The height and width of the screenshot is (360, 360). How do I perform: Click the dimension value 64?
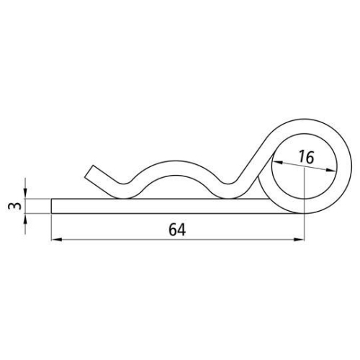(176, 230)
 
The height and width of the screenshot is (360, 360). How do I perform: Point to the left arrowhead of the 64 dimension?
(55, 241)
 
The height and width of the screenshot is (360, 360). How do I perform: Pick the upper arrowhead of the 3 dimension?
(25, 194)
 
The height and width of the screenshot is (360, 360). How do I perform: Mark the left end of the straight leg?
(54, 205)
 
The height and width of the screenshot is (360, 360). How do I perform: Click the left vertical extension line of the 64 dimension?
(52, 227)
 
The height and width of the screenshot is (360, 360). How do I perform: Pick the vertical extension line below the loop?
(303, 227)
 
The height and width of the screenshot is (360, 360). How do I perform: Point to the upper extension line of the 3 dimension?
(36, 199)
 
